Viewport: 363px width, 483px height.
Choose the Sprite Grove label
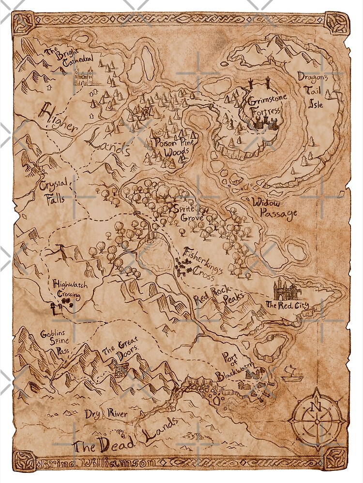coord(190,213)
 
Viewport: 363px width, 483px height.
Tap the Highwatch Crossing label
coord(71,289)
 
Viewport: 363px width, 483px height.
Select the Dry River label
coord(106,414)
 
